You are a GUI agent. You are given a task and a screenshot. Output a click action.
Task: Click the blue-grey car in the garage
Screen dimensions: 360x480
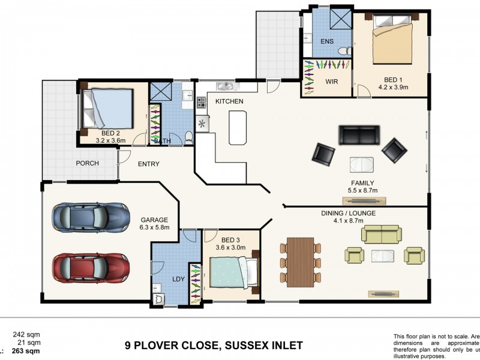91,217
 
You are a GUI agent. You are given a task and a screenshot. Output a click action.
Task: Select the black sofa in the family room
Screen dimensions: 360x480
359,135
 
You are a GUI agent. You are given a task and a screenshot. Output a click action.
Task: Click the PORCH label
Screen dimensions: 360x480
87,163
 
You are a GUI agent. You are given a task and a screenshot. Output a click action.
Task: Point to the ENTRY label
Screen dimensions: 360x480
148,164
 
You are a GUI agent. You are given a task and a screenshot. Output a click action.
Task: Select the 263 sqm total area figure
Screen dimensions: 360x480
29,352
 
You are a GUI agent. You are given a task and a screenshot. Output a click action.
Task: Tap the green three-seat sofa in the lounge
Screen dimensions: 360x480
382,235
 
